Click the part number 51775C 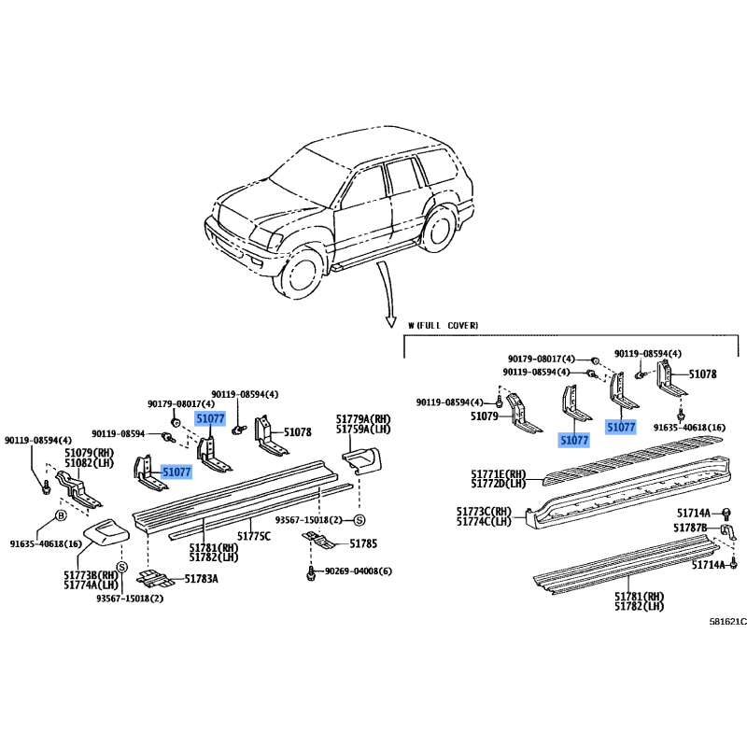click(253, 536)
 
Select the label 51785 click(363, 543)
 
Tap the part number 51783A click(201, 579)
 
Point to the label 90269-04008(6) click(359, 571)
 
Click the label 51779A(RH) click(363, 419)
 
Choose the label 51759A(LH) click(363, 430)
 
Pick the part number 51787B click(690, 528)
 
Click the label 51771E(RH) click(499, 474)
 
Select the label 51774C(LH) click(484, 522)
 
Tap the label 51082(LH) click(89, 462)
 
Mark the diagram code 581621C click(728, 622)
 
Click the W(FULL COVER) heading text click(443, 325)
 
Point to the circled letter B click(61, 515)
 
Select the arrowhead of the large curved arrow click(390, 321)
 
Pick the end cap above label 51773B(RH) click(106, 532)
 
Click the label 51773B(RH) click(91, 575)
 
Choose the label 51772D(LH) click(499, 484)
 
